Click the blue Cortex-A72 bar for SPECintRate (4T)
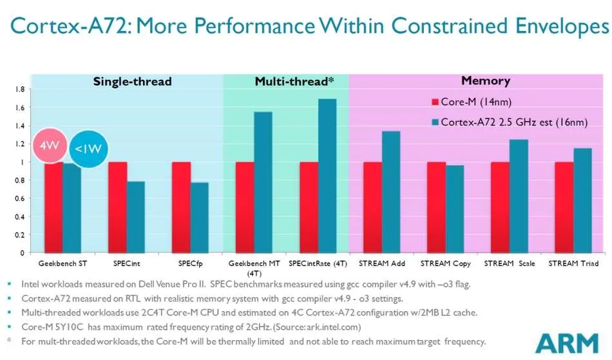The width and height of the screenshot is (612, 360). [327, 176]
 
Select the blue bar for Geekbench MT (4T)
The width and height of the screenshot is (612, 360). [263, 182]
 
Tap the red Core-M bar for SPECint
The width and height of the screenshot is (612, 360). [117, 207]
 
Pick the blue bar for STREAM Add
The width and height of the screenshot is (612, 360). [391, 192]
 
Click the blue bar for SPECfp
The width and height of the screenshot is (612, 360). [200, 218]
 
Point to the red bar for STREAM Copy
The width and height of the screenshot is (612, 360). [436, 207]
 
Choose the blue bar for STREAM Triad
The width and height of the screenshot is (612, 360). [583, 200]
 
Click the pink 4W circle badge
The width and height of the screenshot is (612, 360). [50, 146]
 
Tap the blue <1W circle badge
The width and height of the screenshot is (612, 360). [88, 149]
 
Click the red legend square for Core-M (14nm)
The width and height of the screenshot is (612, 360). [435, 102]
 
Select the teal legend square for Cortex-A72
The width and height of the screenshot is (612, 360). [435, 122]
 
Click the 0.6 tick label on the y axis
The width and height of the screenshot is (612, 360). [20, 198]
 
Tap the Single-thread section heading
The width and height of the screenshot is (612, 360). [132, 82]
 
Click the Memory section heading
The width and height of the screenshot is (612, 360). [486, 81]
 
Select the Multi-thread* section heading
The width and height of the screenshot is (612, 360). [294, 81]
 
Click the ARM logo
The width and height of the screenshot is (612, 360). [567, 343]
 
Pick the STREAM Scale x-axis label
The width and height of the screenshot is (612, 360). [510, 263]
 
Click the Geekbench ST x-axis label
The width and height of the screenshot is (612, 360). [62, 263]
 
